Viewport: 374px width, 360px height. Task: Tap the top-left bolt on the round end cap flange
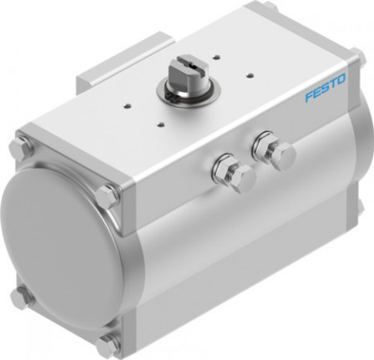(21, 151)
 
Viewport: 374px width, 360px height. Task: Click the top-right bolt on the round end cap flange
(107, 198)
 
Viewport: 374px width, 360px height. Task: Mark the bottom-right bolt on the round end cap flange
(106, 343)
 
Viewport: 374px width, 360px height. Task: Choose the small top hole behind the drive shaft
(215, 57)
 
